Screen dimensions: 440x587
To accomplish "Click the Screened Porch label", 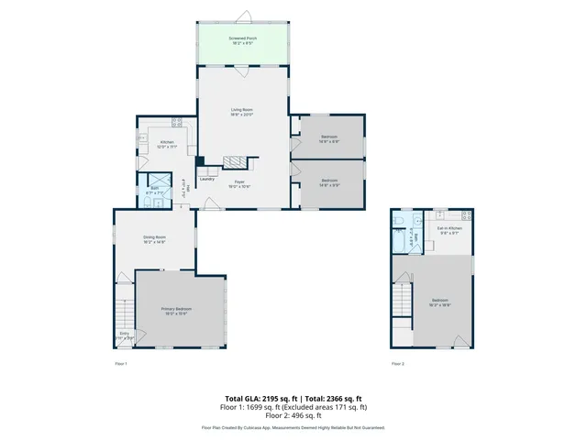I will coord(243,38).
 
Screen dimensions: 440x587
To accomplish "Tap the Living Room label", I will coord(242,110).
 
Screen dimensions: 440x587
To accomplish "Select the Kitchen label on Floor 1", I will coord(168,142).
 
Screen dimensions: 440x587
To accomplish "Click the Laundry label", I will coord(207,179).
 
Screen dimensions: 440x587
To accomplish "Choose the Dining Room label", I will coord(154,238).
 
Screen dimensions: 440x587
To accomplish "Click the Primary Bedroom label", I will coord(175,311).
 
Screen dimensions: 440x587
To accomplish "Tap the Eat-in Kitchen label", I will coord(449,229).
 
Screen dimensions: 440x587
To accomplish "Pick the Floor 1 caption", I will coord(120,364).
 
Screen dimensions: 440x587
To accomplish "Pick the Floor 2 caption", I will coord(397,364).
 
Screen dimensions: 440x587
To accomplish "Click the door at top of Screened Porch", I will coord(244,17).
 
